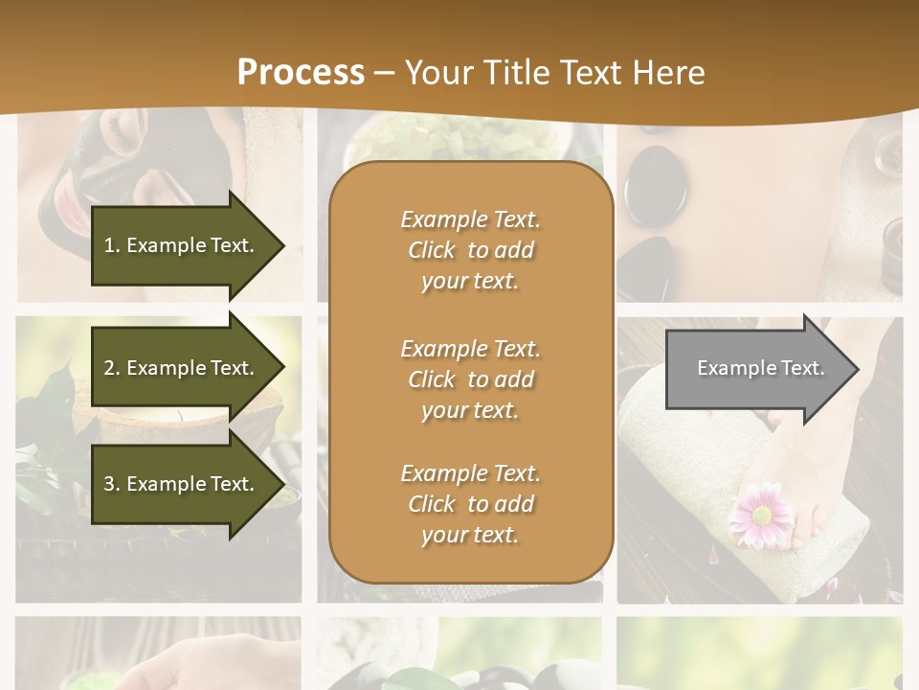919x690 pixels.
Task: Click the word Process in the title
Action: [x=301, y=73]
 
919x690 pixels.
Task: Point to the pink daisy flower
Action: [x=761, y=515]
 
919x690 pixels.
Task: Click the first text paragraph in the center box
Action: [x=470, y=250]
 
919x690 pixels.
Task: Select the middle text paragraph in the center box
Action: [x=470, y=379]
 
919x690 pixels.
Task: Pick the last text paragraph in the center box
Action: [x=470, y=504]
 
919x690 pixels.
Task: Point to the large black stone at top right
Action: [x=656, y=182]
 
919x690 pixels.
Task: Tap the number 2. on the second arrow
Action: [x=112, y=368]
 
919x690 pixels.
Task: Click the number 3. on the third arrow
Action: [x=112, y=484]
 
